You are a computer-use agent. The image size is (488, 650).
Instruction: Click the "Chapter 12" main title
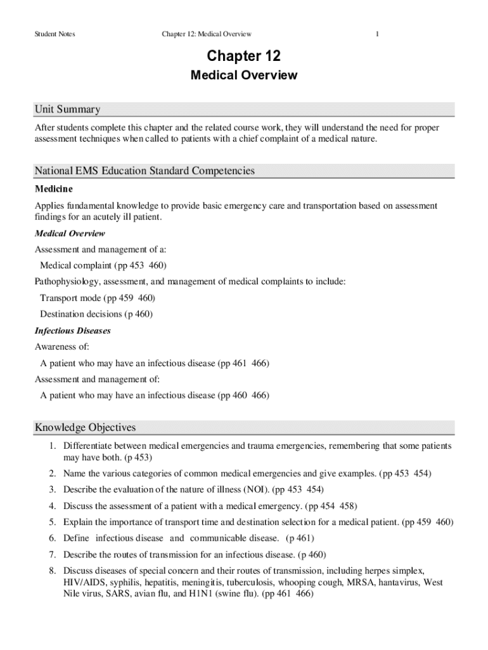(x=244, y=56)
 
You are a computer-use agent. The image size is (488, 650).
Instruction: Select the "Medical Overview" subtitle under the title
(x=244, y=76)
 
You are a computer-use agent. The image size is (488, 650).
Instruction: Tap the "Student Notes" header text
(x=55, y=34)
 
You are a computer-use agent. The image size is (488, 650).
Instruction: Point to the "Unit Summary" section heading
(x=67, y=109)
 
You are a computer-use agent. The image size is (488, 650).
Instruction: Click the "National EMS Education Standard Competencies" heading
(x=144, y=171)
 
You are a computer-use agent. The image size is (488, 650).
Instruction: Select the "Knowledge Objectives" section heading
(x=85, y=427)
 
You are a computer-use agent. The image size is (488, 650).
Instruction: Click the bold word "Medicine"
(x=54, y=189)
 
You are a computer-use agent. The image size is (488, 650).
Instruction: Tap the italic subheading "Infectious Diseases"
(x=72, y=331)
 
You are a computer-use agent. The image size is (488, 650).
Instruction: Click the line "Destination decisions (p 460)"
(x=96, y=314)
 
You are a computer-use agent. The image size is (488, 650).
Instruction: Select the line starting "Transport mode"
(x=98, y=298)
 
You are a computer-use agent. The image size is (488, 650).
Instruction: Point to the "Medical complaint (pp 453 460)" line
(x=103, y=265)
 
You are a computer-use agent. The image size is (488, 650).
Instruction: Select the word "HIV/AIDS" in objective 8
(x=84, y=582)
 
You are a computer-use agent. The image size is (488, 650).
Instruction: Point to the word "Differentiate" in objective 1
(x=88, y=446)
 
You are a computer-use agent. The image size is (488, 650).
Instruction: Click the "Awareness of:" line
(x=62, y=347)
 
